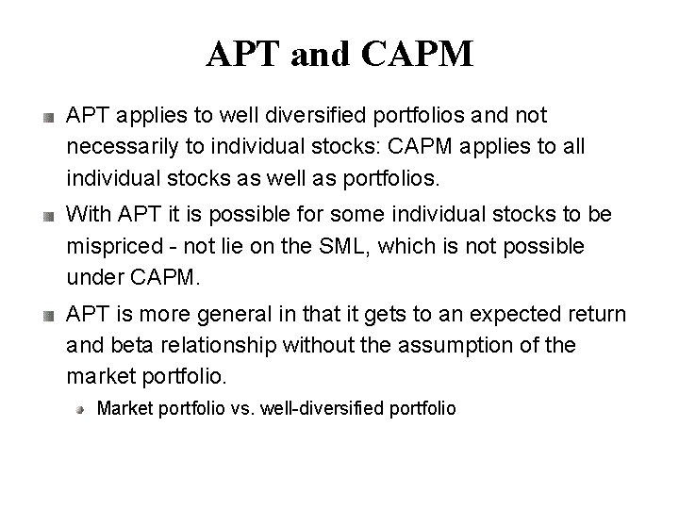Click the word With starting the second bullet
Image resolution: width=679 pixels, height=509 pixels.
point(88,215)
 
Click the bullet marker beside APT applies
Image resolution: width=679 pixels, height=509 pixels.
point(46,118)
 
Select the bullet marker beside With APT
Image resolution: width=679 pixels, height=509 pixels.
point(46,217)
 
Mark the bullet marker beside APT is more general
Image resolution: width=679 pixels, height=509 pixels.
point(46,316)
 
